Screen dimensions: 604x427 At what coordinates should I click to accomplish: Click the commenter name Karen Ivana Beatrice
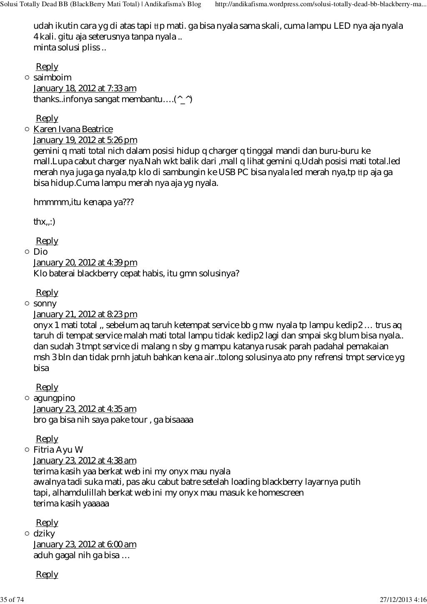coord(73,129)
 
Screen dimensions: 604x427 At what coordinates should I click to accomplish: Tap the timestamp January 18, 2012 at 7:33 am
coord(85,88)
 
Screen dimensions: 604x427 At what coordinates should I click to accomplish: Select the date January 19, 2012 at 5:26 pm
coord(85,140)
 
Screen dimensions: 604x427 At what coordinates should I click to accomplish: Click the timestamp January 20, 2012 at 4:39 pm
coord(85,263)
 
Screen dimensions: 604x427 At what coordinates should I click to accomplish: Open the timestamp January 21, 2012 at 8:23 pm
coord(85,314)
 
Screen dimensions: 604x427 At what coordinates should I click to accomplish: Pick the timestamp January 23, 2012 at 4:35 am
coord(85,409)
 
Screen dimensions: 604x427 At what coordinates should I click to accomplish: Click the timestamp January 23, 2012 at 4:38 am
coord(85,461)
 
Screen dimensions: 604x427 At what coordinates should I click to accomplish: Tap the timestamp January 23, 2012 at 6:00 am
coord(85,544)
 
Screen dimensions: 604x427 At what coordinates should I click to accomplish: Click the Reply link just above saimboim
coord(47,67)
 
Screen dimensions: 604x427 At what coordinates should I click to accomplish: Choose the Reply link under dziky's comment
coord(47,574)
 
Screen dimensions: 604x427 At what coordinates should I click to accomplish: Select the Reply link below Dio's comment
coord(47,293)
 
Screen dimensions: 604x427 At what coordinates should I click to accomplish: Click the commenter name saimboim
coord(53,78)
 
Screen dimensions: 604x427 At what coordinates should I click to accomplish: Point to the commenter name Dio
coord(40,252)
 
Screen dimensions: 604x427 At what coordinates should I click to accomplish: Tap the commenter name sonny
coord(45,303)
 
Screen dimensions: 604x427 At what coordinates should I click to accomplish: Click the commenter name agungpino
coord(54,398)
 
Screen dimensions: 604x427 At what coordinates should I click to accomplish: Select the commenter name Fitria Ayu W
coord(58,450)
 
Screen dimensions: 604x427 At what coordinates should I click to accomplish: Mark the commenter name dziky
coord(44,534)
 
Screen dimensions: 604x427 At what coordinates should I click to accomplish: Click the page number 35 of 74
coord(13,599)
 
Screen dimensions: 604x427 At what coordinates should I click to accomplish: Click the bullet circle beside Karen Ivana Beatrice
coord(27,129)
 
